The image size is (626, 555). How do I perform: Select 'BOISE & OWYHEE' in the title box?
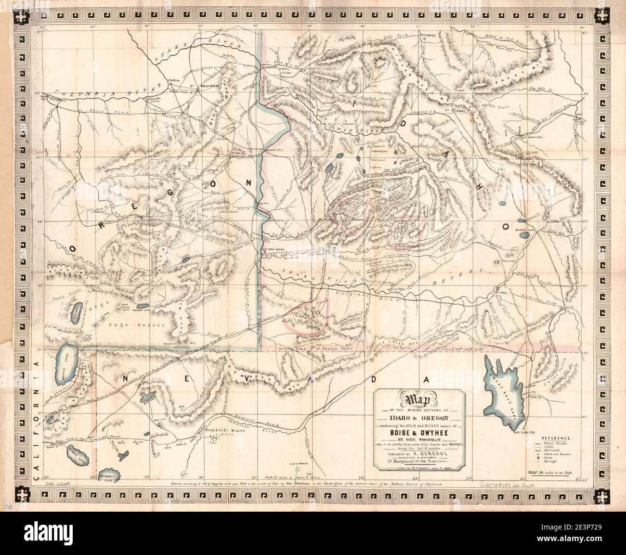[x=419, y=431]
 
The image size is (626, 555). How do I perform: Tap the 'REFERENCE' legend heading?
[x=558, y=439]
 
